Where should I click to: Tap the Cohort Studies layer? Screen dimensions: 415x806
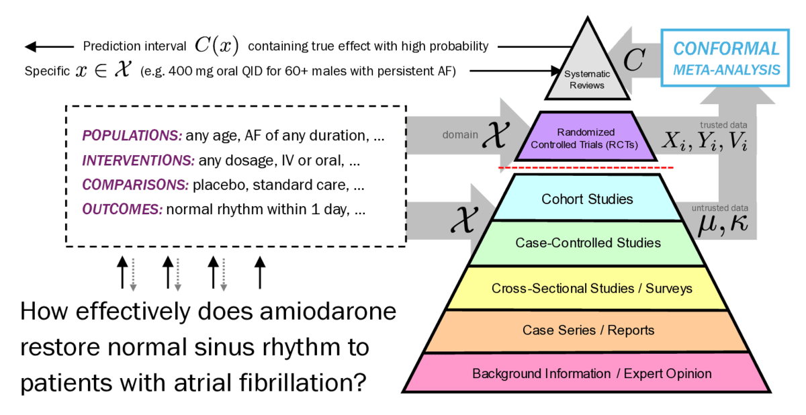pos(587,199)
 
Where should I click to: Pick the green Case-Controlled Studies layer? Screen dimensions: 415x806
pos(588,243)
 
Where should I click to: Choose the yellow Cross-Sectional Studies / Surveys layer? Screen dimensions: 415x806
pos(591,288)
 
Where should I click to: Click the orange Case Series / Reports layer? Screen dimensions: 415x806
pos(588,330)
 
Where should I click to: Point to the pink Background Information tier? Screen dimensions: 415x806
pos(591,373)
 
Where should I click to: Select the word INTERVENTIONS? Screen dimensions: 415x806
pos(138,162)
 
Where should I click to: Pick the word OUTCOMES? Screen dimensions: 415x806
pos(122,210)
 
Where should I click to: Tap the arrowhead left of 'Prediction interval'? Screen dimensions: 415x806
pos(30,46)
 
